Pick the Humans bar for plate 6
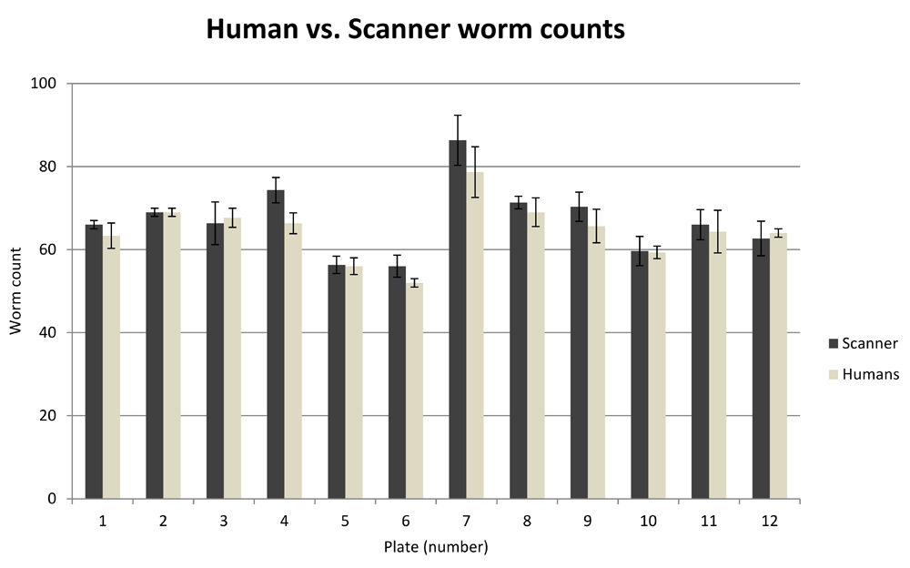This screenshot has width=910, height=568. [414, 391]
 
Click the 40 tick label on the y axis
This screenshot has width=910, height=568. [48, 333]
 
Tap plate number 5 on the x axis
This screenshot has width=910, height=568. [345, 521]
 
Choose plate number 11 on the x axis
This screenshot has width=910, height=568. [709, 521]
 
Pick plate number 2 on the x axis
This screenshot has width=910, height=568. [163, 521]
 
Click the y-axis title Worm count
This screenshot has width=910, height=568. [16, 291]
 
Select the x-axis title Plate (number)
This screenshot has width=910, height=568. [435, 547]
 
